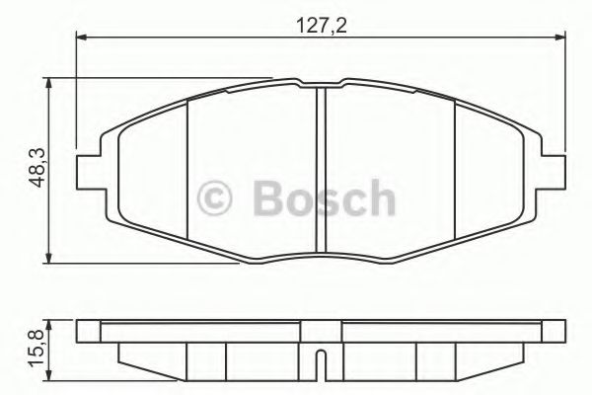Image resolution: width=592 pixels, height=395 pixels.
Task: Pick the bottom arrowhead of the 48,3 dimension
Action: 48,258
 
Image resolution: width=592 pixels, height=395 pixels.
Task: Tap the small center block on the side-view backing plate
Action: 321,327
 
